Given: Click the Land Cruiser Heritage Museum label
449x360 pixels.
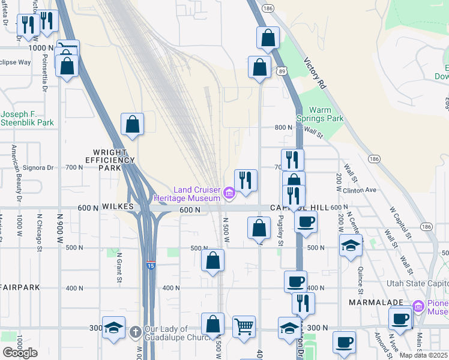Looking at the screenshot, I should pyautogui.click(x=196, y=194).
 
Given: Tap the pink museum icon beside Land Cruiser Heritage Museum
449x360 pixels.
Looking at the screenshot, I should pyautogui.click(x=229, y=193).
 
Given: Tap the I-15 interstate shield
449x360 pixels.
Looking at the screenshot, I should pyautogui.click(x=150, y=265).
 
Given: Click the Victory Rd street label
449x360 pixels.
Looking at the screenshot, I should pyautogui.click(x=315, y=74).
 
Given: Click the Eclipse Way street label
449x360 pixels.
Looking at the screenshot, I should pyautogui.click(x=15, y=62).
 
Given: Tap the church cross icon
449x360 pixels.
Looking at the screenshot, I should pyautogui.click(x=136, y=331).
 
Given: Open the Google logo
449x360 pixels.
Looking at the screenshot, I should pyautogui.click(x=20, y=353).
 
